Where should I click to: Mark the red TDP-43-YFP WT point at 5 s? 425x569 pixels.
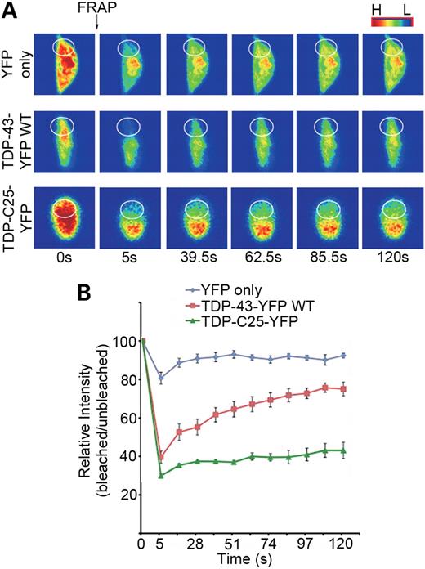(161, 458)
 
